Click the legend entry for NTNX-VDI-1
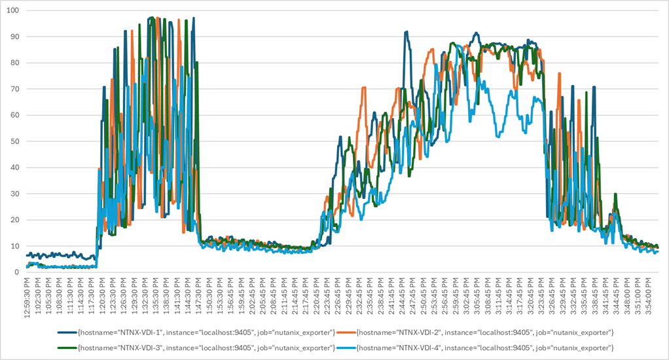coord(207,333)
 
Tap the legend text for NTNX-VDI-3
coord(207,346)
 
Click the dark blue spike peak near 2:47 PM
coord(406,31)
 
